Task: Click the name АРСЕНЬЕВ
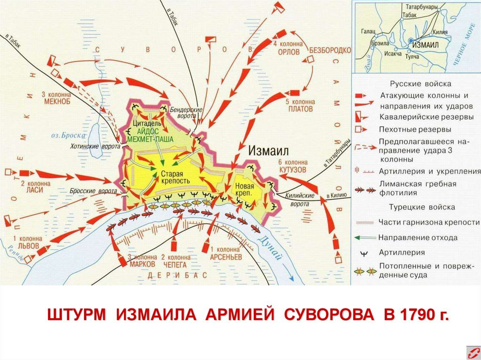225,257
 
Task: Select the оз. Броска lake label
69,135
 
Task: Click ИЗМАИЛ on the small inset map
425,44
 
